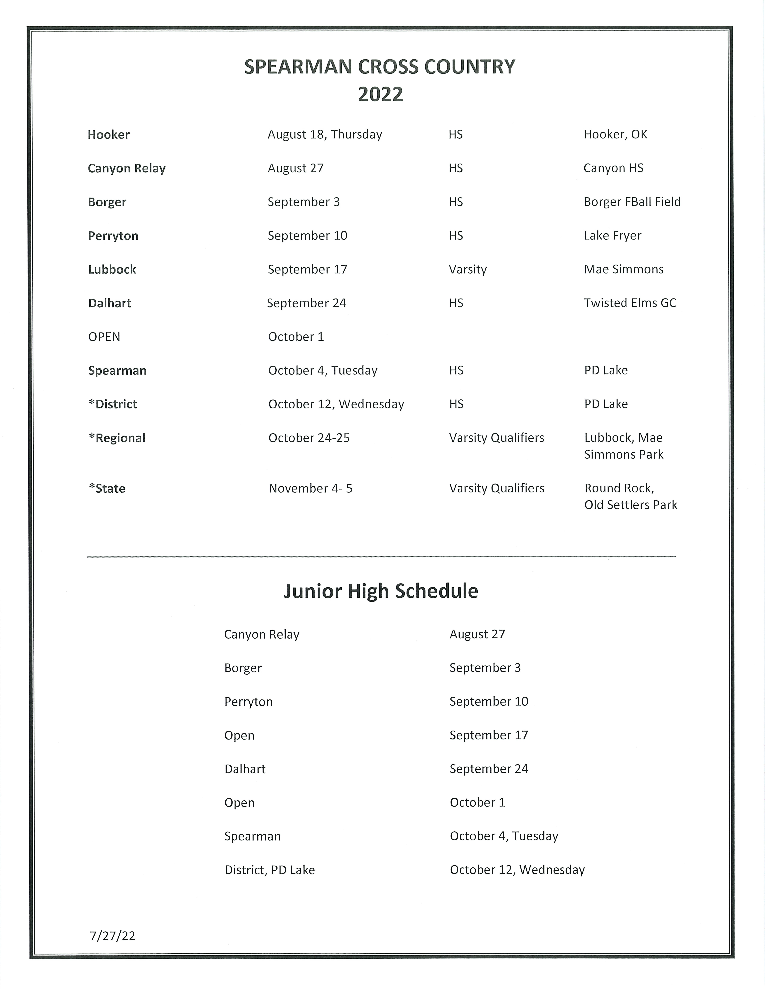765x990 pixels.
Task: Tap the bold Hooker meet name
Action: [x=109, y=135]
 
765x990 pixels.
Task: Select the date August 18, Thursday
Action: [x=324, y=135]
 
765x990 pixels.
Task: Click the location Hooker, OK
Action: [x=615, y=135]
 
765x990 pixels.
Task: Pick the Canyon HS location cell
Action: [x=613, y=168]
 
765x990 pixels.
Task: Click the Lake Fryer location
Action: [x=612, y=236]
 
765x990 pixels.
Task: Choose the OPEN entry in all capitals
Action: [x=104, y=337]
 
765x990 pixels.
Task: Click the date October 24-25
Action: [x=309, y=438]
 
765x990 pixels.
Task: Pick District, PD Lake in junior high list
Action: [x=270, y=870]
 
